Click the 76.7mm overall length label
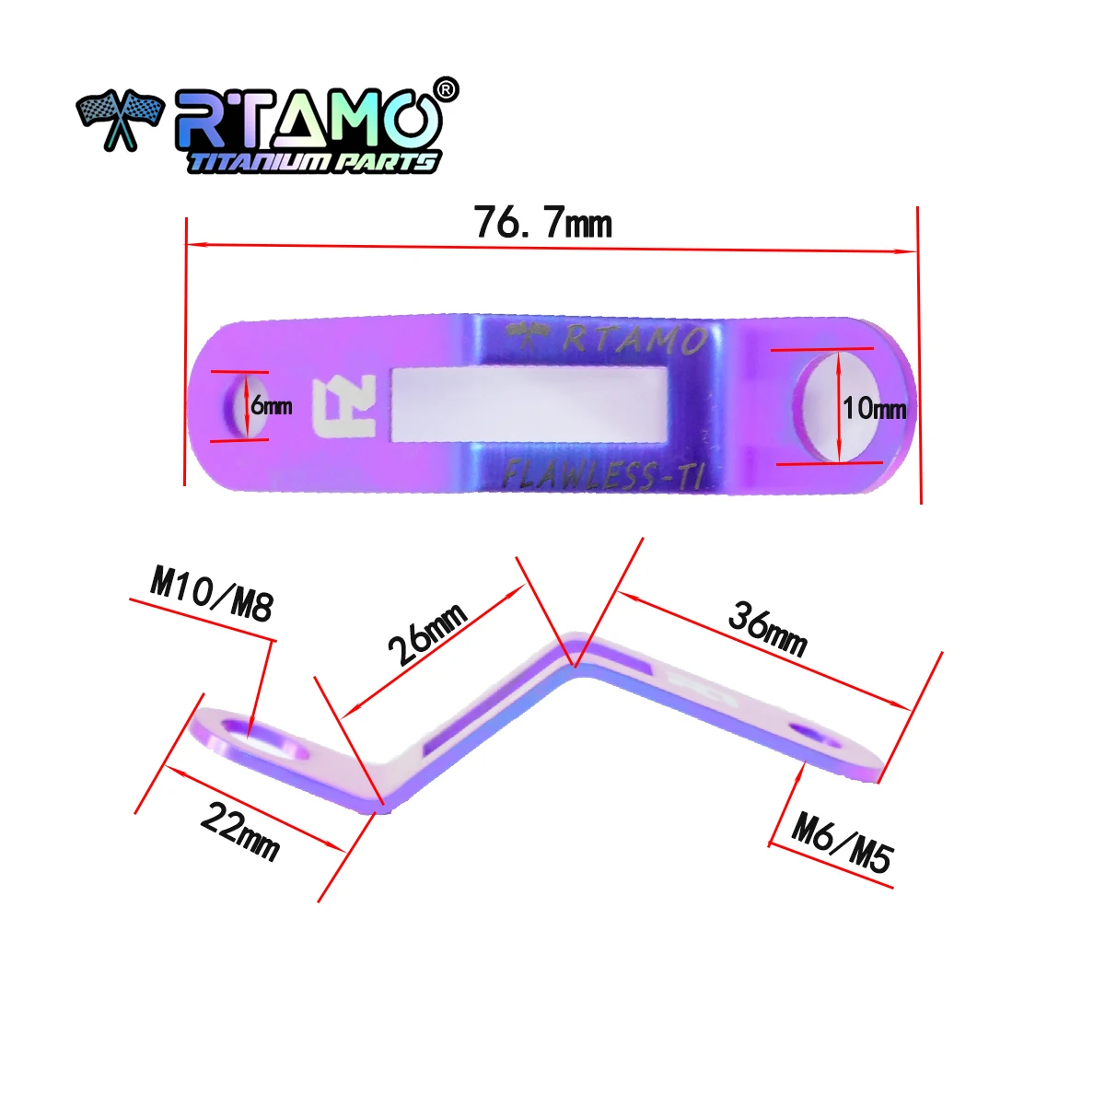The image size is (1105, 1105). [542, 224]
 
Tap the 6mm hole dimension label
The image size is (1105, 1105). [272, 405]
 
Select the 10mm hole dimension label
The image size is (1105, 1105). [875, 407]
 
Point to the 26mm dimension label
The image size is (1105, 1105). [427, 634]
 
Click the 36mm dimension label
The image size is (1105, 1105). [767, 629]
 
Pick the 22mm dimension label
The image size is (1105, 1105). [239, 831]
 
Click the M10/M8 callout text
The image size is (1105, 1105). [212, 594]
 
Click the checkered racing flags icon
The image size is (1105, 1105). [119, 119]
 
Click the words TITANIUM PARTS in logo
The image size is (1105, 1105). [313, 162]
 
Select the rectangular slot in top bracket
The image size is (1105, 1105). [529, 405]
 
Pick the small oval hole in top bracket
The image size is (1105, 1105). [237, 406]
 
